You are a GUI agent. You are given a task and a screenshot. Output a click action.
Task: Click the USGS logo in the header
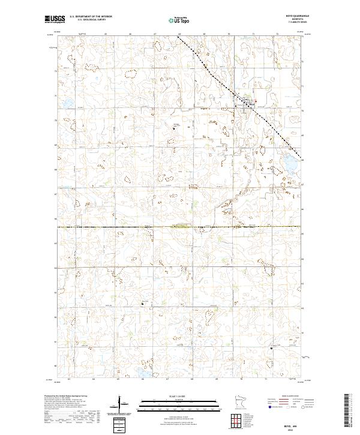coord(55,19)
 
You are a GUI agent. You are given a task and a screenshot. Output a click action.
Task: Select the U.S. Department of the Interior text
coord(91,17)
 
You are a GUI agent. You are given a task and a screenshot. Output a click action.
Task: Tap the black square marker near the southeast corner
coord(271,347)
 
